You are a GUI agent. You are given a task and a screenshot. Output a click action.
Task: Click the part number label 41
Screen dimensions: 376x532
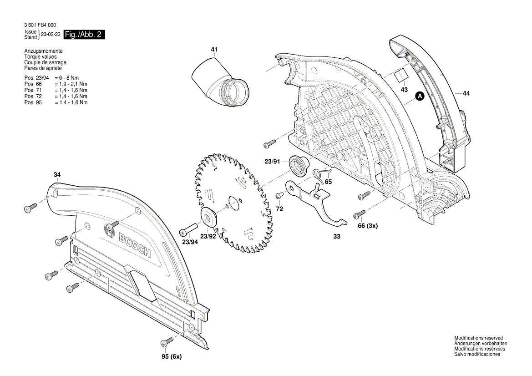tap(214, 49)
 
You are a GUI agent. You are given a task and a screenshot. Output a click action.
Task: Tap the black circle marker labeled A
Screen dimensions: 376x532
tap(420, 96)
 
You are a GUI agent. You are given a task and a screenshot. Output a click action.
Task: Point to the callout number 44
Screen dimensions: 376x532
tap(466, 93)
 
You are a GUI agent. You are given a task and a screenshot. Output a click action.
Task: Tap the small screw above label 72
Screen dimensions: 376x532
tap(279, 195)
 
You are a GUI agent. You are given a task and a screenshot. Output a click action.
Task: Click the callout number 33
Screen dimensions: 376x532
tap(336, 237)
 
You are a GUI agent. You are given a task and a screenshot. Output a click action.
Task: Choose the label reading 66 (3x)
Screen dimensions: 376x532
tap(368, 226)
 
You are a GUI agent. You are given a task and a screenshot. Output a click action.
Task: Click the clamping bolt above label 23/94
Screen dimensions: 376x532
tap(189, 227)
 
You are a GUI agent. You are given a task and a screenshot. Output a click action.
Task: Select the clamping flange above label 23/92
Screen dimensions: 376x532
tap(209, 218)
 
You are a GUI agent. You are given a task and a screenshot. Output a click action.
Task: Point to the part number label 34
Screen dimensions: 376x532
tap(57, 175)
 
